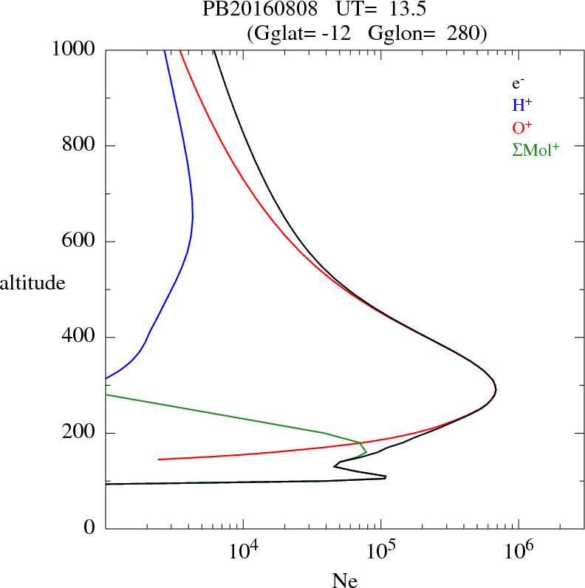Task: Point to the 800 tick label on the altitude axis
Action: pyautogui.click(x=80, y=146)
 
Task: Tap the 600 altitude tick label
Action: pyautogui.click(x=80, y=242)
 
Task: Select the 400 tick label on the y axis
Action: pyautogui.click(x=80, y=338)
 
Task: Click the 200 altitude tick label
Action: pyautogui.click(x=80, y=433)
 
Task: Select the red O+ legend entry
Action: pyautogui.click(x=522, y=126)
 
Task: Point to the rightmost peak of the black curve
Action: pyautogui.click(x=496, y=389)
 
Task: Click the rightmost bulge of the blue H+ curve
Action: pyautogui.click(x=193, y=216)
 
